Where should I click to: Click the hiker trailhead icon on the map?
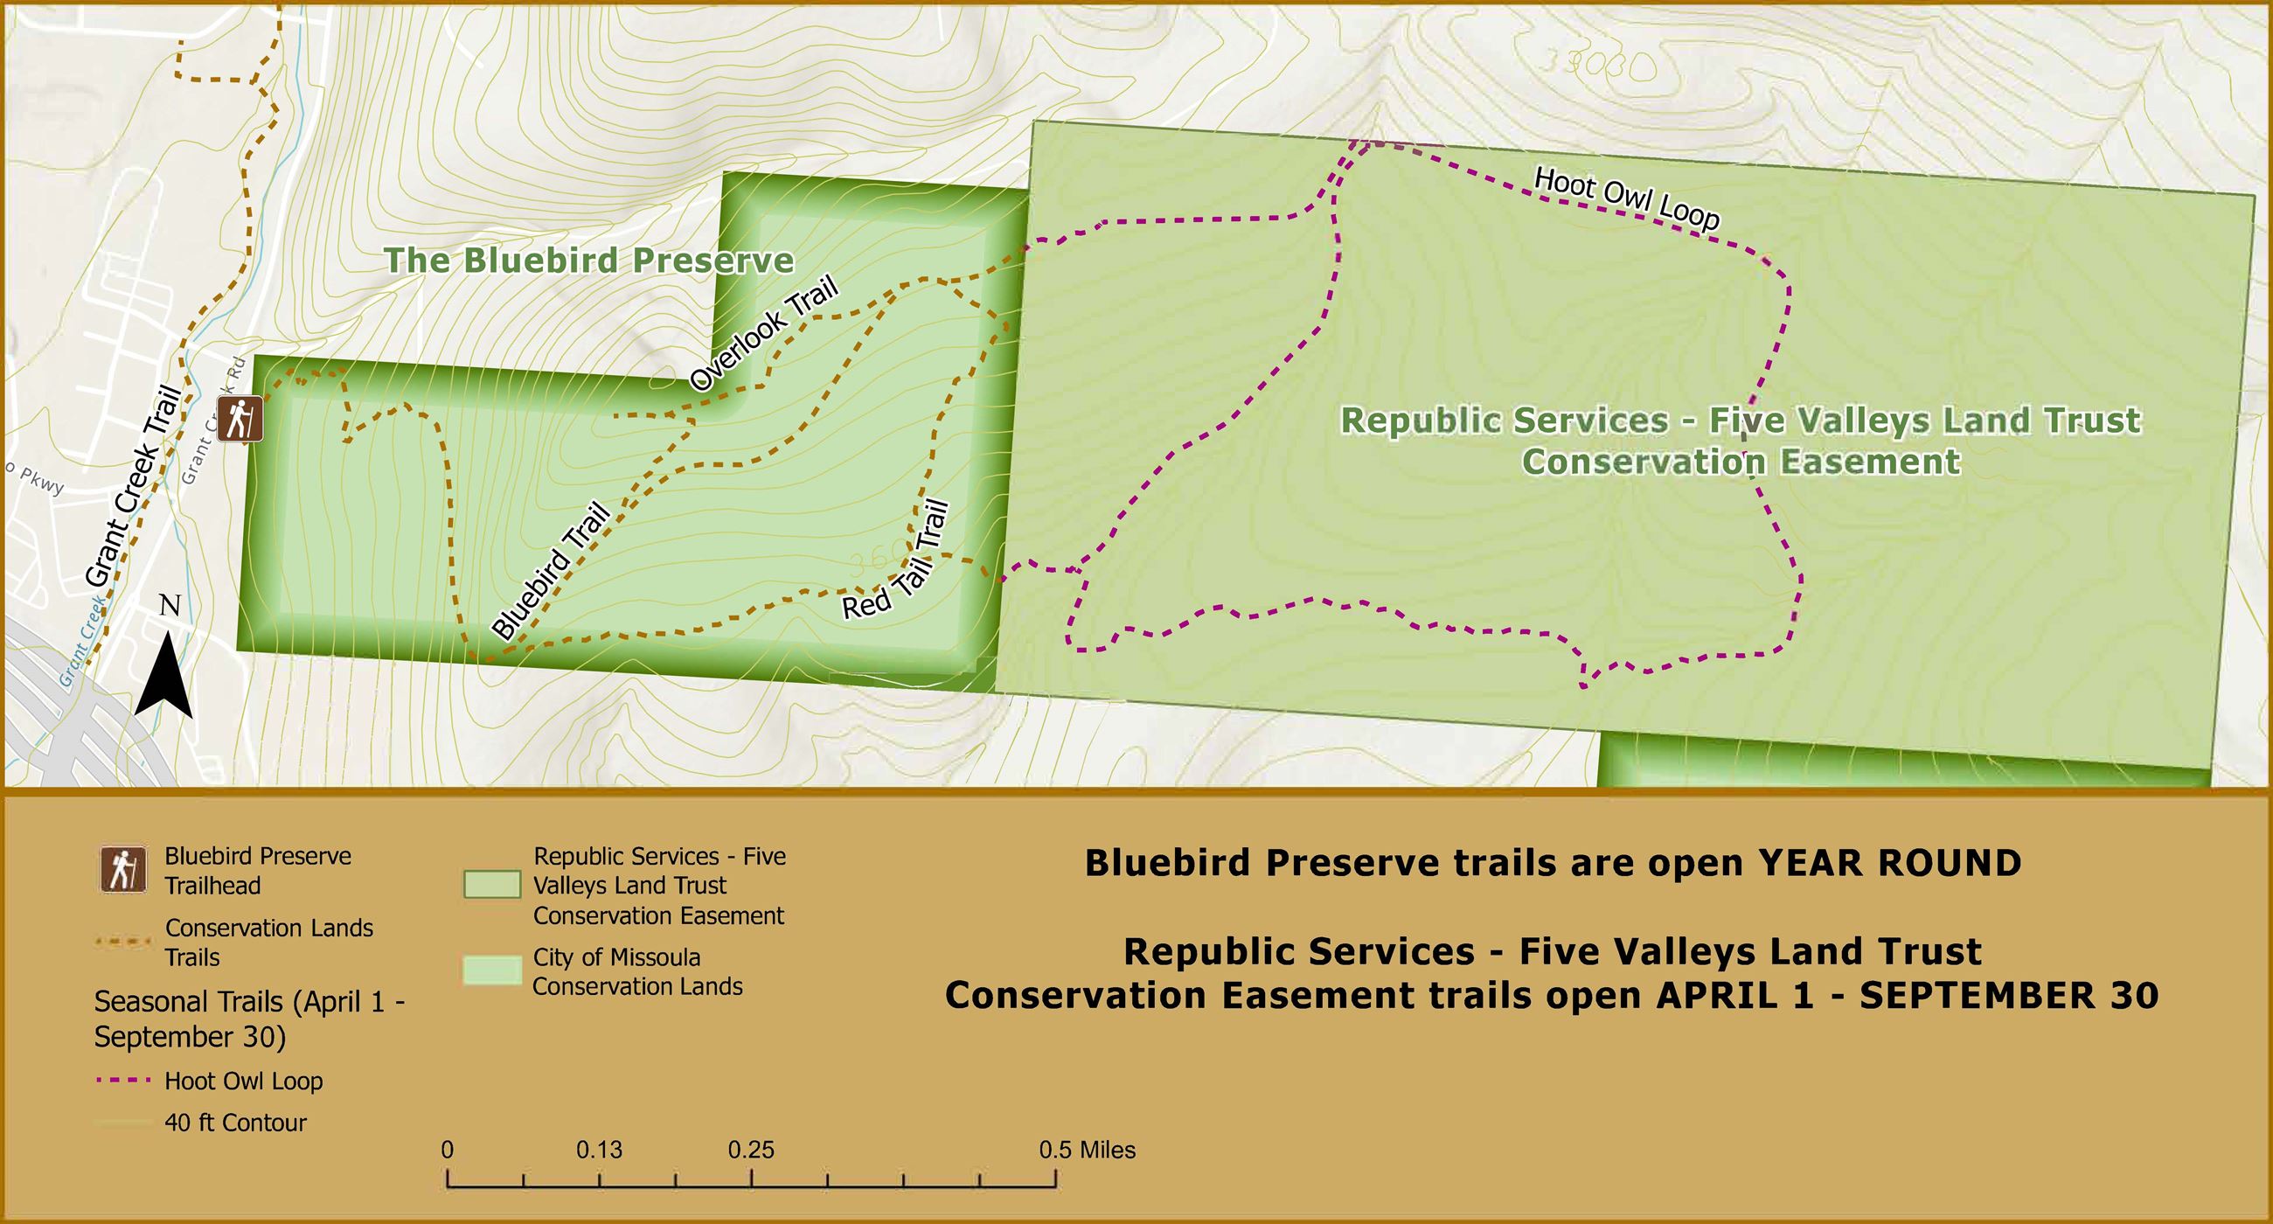click(240, 419)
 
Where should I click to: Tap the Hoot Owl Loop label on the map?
click(1626, 198)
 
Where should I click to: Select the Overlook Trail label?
click(763, 334)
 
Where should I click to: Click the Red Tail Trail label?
click(895, 561)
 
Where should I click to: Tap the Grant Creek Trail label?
click(134, 485)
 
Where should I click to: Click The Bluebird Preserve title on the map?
click(588, 261)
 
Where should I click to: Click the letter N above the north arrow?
click(170, 605)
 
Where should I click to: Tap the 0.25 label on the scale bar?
click(751, 1150)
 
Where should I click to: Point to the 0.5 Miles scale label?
click(1086, 1150)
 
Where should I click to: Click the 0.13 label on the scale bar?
click(599, 1150)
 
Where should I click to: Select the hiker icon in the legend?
click(122, 870)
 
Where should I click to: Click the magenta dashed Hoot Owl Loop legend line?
click(122, 1081)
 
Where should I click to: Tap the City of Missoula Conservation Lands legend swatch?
click(491, 970)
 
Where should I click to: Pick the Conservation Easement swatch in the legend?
click(491, 885)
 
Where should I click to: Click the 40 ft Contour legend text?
click(235, 1123)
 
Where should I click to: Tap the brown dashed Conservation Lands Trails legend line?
click(122, 942)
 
